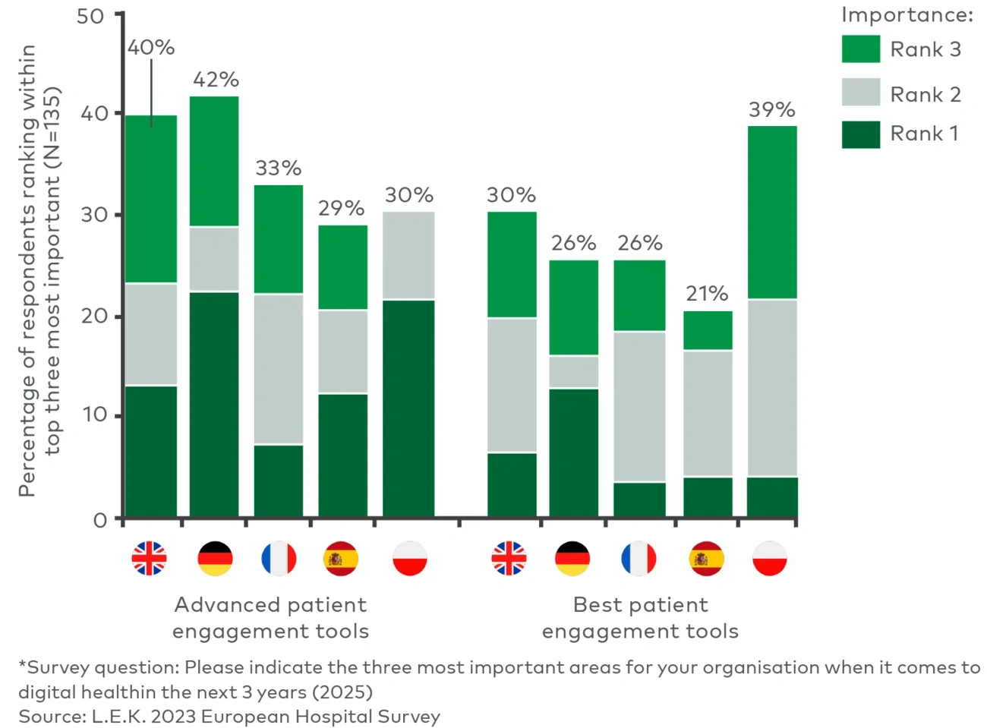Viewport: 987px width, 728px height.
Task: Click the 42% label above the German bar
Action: click(216, 80)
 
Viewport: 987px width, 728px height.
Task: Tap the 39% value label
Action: click(771, 110)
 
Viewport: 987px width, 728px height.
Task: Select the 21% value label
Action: click(707, 294)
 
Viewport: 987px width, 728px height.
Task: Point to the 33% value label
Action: click(278, 169)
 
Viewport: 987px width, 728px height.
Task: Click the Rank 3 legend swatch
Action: click(860, 49)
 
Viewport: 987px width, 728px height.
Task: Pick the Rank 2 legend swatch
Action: click(860, 93)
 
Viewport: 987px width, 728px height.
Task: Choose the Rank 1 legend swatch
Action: click(860, 134)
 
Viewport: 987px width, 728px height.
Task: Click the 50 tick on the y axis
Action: click(90, 16)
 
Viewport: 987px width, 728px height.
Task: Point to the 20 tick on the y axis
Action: click(95, 316)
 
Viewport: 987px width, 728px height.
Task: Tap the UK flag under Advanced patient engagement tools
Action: click(149, 558)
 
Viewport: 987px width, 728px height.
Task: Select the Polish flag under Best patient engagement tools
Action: click(770, 558)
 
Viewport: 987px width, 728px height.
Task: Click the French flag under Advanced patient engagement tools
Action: click(279, 558)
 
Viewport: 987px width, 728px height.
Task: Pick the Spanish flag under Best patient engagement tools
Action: click(706, 558)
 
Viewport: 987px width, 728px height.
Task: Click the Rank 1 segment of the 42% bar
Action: click(214, 404)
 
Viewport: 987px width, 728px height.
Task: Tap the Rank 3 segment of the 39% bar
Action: click(772, 213)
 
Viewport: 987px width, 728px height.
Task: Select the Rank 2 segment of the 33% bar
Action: click(278, 368)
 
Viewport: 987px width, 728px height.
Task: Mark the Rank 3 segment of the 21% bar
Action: click(708, 330)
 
